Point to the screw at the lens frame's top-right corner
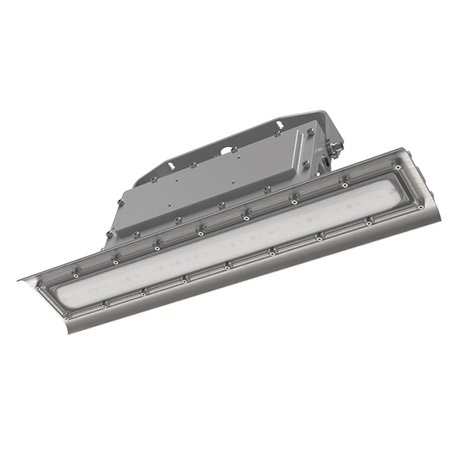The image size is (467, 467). [398, 167]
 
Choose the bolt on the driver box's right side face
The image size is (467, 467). [306, 164]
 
